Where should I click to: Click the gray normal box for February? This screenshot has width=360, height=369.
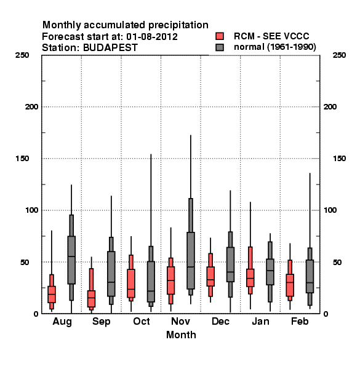tap(310, 276)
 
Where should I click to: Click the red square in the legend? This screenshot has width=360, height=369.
tap(220, 36)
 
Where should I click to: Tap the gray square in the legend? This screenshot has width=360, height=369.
tap(220, 47)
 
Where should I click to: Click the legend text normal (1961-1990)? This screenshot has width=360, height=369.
tap(274, 47)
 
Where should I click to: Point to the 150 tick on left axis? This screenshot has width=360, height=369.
tap(22, 159)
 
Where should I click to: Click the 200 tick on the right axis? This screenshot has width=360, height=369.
tap(330, 107)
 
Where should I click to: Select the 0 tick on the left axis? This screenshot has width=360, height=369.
tap(36, 314)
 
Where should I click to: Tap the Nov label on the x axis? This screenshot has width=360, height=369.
tap(180, 321)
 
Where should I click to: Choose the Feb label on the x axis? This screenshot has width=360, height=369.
tap(300, 321)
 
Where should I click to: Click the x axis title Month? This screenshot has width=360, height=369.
tap(181, 335)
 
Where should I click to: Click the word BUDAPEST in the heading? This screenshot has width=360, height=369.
tap(110, 48)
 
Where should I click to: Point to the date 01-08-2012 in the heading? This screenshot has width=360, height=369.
tap(152, 37)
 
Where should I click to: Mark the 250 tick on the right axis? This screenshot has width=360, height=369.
tap(340, 55)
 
